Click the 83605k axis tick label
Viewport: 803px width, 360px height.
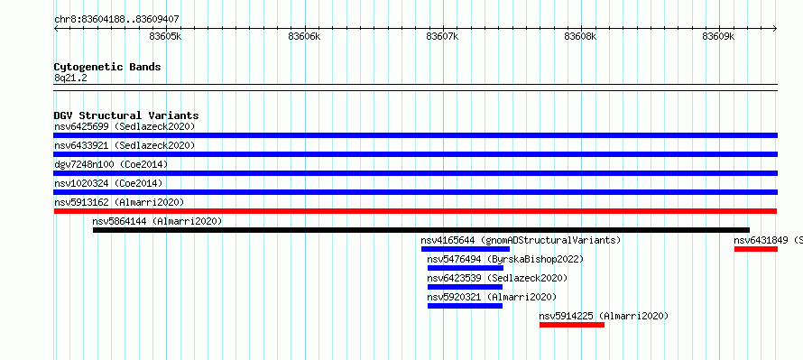click(x=166, y=37)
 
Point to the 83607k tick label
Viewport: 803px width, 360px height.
click(x=442, y=37)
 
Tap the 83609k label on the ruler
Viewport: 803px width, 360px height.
click(x=718, y=37)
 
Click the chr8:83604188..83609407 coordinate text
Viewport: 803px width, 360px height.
click(x=116, y=20)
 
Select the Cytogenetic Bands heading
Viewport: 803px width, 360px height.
click(x=107, y=67)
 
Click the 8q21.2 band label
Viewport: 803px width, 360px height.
click(x=70, y=78)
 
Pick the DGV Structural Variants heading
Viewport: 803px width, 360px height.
click(x=126, y=115)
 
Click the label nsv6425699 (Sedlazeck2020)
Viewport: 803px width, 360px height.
click(x=125, y=126)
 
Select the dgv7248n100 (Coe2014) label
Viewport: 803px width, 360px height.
click(x=111, y=164)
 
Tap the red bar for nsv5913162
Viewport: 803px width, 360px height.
click(x=415, y=211)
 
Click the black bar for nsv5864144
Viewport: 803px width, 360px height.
click(x=421, y=230)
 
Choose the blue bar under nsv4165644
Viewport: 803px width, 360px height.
click(x=466, y=249)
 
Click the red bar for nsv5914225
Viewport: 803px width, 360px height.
click(x=572, y=325)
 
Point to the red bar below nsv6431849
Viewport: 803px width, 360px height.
click(x=756, y=249)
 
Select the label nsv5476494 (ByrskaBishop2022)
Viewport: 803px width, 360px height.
click(x=505, y=259)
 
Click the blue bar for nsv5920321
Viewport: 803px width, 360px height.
click(x=465, y=306)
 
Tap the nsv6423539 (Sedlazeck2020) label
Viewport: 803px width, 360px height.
click(x=497, y=278)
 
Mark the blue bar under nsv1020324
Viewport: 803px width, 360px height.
click(x=415, y=192)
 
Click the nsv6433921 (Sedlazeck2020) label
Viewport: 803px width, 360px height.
click(x=125, y=145)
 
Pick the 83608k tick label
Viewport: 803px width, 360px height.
click(x=580, y=37)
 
